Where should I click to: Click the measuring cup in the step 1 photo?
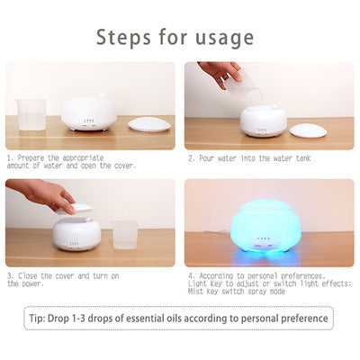point(31,115)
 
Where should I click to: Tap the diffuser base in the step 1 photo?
point(89,114)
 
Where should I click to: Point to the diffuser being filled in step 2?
point(264,121)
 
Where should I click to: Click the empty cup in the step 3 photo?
point(125,235)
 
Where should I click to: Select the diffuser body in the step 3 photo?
point(76,233)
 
